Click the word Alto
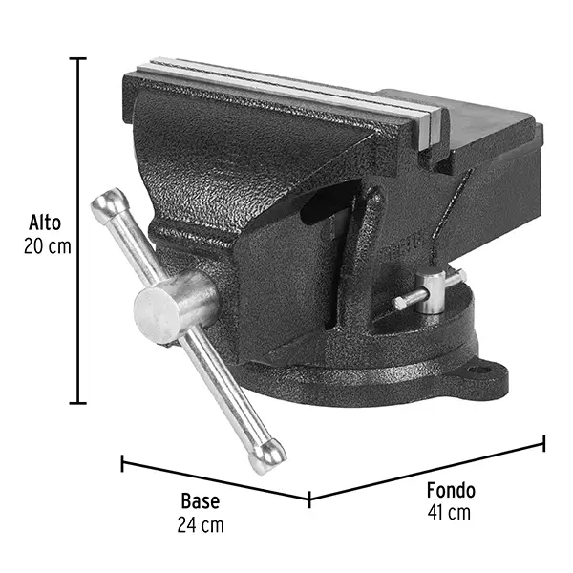[45, 223]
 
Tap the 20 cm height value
[48, 246]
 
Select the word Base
[201, 501]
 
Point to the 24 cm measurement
[201, 524]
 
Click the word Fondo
[451, 490]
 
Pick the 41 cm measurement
[449, 512]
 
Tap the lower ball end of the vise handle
[267, 456]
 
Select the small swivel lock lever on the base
[430, 291]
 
